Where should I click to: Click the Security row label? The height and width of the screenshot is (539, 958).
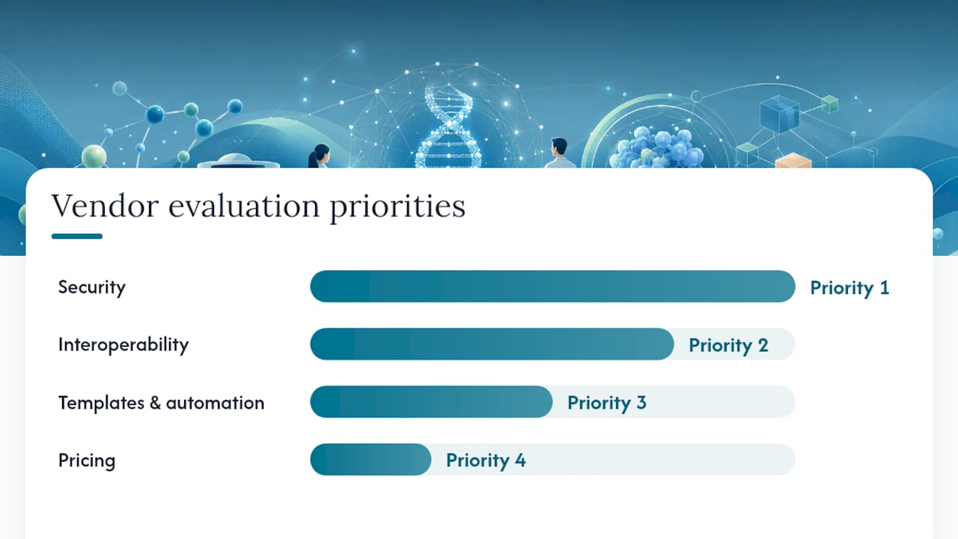tap(92, 287)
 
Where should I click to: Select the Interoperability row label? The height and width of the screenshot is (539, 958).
tap(123, 345)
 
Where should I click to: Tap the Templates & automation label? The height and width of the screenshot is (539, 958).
tap(161, 403)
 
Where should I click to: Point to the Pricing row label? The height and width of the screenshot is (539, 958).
tap(87, 460)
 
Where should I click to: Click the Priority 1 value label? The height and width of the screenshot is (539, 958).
tap(849, 288)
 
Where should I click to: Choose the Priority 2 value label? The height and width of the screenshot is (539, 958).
tap(728, 346)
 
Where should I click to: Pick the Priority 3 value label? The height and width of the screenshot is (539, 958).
tap(607, 403)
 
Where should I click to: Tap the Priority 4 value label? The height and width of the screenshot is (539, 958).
tap(486, 460)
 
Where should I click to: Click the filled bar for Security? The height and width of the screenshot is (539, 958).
tap(552, 286)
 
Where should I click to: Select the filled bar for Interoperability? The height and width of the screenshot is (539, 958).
tap(492, 344)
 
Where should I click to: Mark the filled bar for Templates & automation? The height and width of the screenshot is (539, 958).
tap(431, 402)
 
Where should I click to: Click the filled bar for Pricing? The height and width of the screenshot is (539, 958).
tap(370, 460)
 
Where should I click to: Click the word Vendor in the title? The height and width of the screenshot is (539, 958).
tap(106, 206)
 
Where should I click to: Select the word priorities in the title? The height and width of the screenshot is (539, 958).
tap(397, 207)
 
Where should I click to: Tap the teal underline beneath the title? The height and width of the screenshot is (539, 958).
tap(77, 236)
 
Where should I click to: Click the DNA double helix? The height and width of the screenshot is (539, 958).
tap(449, 127)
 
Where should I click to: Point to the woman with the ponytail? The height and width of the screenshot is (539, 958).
tap(319, 156)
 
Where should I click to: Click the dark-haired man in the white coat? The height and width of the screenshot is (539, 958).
tap(559, 153)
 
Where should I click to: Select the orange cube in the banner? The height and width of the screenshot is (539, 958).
tap(793, 160)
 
